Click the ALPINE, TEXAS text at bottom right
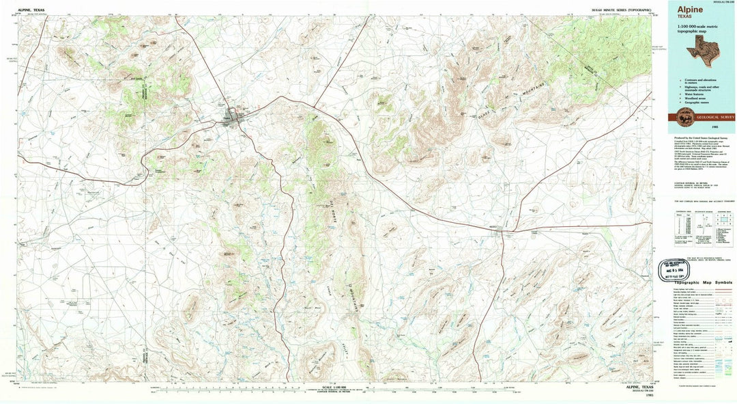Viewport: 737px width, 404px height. (638, 388)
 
